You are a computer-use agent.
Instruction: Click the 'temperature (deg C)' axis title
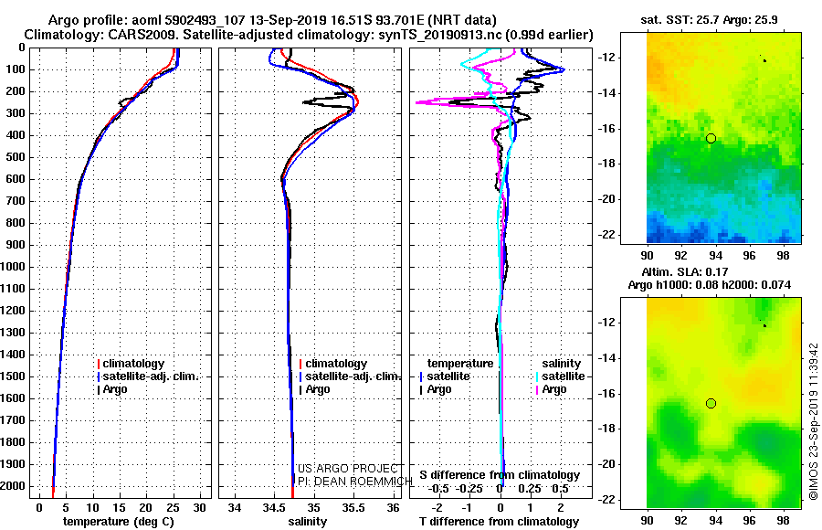click(x=119, y=522)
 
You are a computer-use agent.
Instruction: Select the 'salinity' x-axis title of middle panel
click(x=307, y=522)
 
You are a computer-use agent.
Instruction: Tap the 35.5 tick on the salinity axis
click(x=353, y=507)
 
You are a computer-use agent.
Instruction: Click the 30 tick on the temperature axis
click(x=199, y=507)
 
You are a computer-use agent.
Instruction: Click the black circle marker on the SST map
click(x=711, y=139)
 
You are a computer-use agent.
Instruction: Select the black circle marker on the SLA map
click(x=711, y=404)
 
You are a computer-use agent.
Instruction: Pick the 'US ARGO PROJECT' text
click(x=348, y=469)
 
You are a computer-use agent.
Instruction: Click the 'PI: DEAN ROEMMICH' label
click(x=355, y=482)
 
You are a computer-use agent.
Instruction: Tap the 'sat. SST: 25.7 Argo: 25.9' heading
click(x=710, y=20)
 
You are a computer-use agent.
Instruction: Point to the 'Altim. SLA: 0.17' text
click(x=685, y=271)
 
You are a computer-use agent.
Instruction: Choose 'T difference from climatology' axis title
click(x=499, y=522)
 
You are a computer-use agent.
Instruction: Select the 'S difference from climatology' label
click(x=500, y=475)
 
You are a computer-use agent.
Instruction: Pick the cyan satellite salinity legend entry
click(x=560, y=376)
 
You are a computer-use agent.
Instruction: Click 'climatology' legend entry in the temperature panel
click(x=131, y=364)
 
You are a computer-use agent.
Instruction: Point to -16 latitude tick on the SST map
click(x=605, y=129)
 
